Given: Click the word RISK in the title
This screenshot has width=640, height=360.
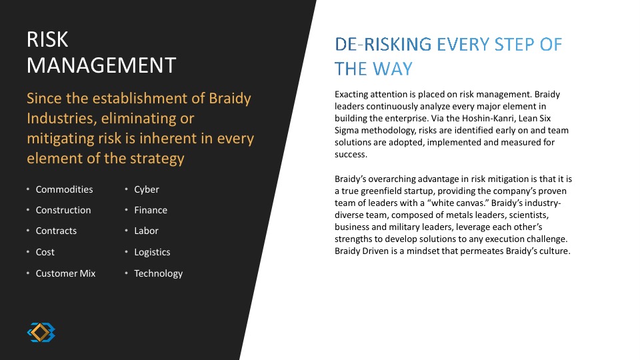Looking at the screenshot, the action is coord(47,39).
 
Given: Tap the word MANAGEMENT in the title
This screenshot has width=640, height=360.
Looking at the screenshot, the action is coord(101,65).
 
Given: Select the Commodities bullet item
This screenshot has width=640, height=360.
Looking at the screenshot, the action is coord(64,189).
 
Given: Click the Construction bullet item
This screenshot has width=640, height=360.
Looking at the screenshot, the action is coord(63,210).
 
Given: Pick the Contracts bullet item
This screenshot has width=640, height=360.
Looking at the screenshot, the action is coord(56,231).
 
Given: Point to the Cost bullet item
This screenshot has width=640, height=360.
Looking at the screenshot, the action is coord(45,252).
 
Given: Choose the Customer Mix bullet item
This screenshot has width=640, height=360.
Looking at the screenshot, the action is coord(65,273).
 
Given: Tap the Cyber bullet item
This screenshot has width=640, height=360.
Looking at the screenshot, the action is coord(147,190).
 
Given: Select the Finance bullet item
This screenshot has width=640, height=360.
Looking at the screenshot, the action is coord(151,210).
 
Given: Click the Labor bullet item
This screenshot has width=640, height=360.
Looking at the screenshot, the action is coord(146,231).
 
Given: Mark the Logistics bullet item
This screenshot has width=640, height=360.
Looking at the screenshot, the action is coord(152,252).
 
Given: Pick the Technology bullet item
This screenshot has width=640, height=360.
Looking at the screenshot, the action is coord(159,273).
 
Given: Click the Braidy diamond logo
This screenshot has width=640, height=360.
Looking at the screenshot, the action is coord(41,332).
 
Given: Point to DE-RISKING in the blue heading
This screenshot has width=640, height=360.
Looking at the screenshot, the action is coord(383,44).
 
